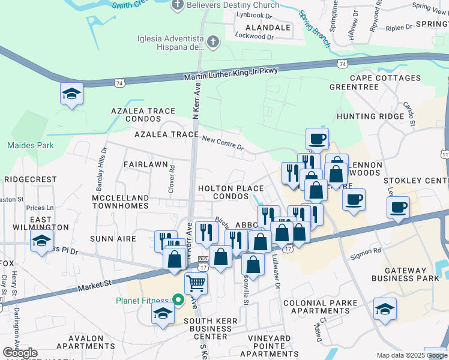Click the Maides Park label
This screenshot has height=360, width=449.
30,145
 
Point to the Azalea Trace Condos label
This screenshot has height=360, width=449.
143,115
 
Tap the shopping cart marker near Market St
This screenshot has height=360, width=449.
196,283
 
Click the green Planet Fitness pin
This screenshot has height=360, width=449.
178,299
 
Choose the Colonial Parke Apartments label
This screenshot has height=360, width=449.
320,307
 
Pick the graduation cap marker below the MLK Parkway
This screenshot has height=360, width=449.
71,94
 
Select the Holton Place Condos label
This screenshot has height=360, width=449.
231,192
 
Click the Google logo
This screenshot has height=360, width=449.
20,353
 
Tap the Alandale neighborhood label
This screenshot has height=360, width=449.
264,28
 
